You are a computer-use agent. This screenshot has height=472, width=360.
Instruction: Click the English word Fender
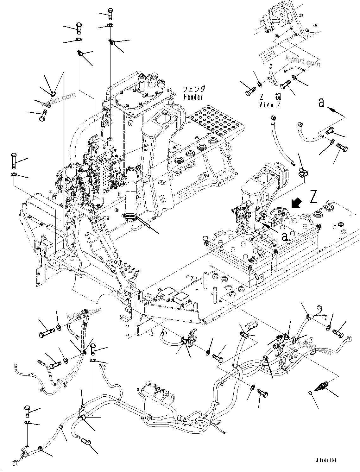click(x=193, y=97)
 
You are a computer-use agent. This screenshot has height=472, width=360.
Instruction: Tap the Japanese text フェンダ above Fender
click(x=194, y=89)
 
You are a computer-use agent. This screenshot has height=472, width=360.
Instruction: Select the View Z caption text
click(x=270, y=105)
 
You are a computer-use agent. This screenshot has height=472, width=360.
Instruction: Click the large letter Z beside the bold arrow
click(x=313, y=197)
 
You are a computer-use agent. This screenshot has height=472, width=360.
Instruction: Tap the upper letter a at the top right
click(x=321, y=102)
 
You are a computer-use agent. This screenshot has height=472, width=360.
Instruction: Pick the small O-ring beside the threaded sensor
click(x=311, y=393)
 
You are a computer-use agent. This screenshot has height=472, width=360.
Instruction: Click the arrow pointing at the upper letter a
click(x=332, y=111)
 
